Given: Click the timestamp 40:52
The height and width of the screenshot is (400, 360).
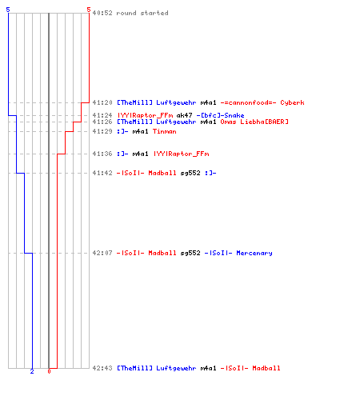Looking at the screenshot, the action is point(102,13).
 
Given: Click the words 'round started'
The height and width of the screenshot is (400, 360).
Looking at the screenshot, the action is point(142,13).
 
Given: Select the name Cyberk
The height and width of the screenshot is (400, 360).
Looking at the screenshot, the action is point(292,102).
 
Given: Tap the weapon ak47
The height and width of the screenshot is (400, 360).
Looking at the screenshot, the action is point(184,115).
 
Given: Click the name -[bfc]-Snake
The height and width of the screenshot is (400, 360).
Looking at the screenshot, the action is point(220,115).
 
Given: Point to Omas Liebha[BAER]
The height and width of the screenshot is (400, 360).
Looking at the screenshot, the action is point(254,122).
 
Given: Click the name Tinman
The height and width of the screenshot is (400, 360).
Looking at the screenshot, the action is point(165,131).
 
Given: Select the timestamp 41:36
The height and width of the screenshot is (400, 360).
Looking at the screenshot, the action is point(102,154).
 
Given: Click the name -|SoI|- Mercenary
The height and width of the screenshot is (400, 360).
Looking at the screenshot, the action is point(238,253).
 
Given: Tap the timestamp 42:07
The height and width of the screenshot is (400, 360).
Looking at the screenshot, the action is point(102,253).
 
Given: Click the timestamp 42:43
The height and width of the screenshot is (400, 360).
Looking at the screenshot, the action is point(102,368).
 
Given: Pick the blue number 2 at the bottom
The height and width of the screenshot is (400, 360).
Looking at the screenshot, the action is point(32,371).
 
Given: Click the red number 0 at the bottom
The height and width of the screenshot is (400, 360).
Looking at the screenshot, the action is point(49,371).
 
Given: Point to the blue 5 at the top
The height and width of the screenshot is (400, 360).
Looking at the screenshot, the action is point(8,10).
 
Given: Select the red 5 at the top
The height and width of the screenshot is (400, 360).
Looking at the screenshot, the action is point(89,10).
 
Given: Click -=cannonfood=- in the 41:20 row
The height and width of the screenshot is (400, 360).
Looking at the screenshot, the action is point(248,102).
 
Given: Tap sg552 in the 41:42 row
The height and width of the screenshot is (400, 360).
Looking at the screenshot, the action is point(190,173).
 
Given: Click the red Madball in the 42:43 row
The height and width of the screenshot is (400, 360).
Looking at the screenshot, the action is point(266,368).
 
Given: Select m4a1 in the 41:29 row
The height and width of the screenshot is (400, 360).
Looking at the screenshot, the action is point(140,131).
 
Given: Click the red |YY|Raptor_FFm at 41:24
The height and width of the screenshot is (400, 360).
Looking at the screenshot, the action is point(146,115).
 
